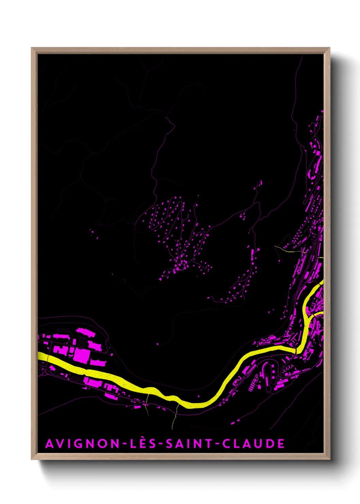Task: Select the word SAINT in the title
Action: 189,444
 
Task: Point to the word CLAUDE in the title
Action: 253,444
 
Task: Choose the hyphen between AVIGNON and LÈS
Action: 125,444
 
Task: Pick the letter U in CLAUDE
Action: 257,444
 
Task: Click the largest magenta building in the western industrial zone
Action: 82,355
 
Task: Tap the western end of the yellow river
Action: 40,356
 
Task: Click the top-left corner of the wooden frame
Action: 32,48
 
